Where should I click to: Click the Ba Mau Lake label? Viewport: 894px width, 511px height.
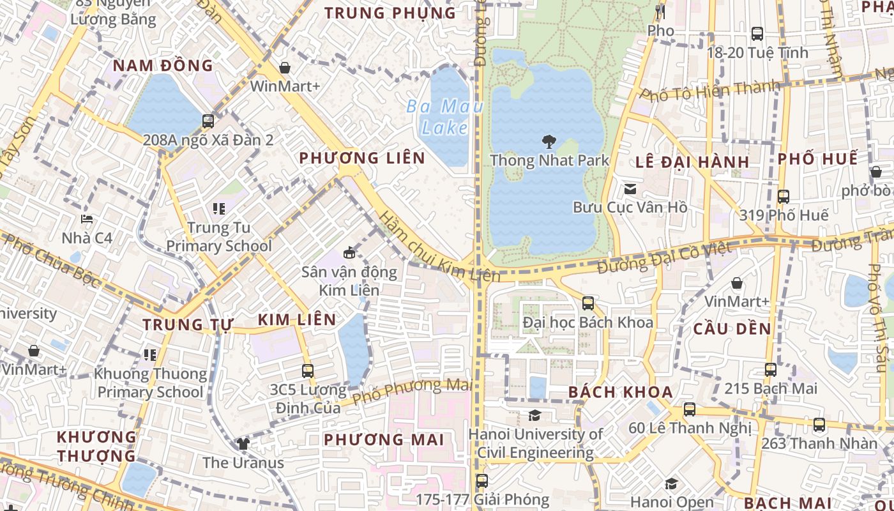tap(444, 116)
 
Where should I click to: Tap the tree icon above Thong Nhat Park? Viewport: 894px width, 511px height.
tap(549, 141)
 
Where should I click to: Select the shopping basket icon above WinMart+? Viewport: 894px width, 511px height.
tap(285, 68)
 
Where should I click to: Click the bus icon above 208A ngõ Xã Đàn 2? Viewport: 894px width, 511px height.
tap(208, 121)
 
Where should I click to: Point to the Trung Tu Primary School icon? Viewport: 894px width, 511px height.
tap(219, 209)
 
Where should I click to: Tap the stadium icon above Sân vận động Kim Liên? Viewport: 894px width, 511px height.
tap(349, 252)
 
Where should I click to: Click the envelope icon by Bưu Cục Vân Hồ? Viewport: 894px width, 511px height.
tap(630, 188)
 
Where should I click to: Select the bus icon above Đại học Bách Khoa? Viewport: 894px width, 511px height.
tap(588, 303)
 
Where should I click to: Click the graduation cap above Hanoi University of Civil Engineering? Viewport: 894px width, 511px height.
tap(534, 416)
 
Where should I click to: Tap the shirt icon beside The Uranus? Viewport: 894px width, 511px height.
tap(243, 443)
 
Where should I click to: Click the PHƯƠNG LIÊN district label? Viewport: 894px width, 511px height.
tap(362, 158)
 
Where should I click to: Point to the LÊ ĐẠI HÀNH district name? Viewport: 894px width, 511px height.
tap(692, 162)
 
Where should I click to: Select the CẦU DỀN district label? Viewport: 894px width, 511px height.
tap(732, 329)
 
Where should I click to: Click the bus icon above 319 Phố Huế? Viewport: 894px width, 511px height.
tap(784, 197)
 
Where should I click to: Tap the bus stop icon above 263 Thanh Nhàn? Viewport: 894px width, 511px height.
tap(819, 425)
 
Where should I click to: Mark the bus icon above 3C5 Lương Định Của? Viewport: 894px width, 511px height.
tap(308, 370)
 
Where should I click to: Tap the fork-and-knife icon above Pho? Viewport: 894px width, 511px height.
tap(660, 11)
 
